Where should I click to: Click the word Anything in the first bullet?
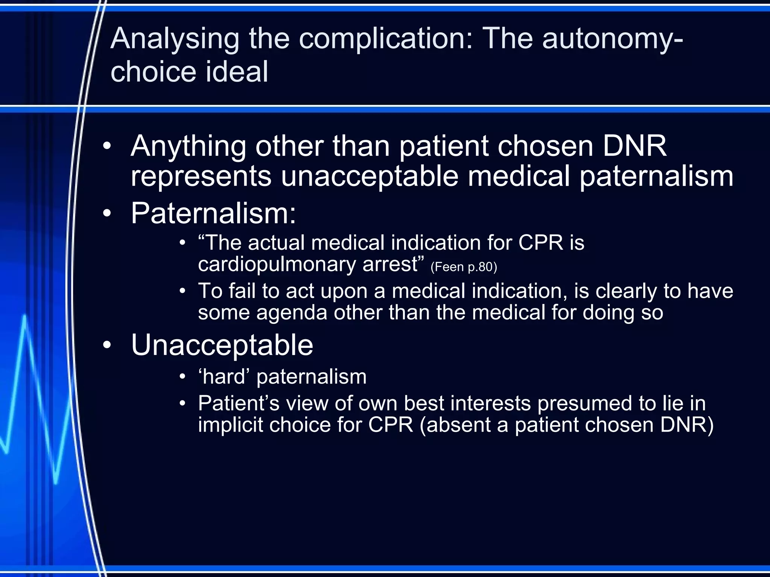coord(188,147)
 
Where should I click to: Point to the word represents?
coord(201,177)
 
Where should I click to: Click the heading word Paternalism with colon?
coord(213,213)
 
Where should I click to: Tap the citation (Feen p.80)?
coord(464,267)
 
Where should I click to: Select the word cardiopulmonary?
coord(277,264)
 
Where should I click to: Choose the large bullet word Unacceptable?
coord(222,345)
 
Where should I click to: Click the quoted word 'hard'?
coord(224,377)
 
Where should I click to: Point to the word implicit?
coord(230,425)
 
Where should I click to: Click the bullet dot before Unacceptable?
coord(107,345)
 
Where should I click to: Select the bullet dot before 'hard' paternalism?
coord(182,377)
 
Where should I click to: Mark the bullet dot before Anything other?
coord(107,147)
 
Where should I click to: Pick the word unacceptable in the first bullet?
coord(370,177)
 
